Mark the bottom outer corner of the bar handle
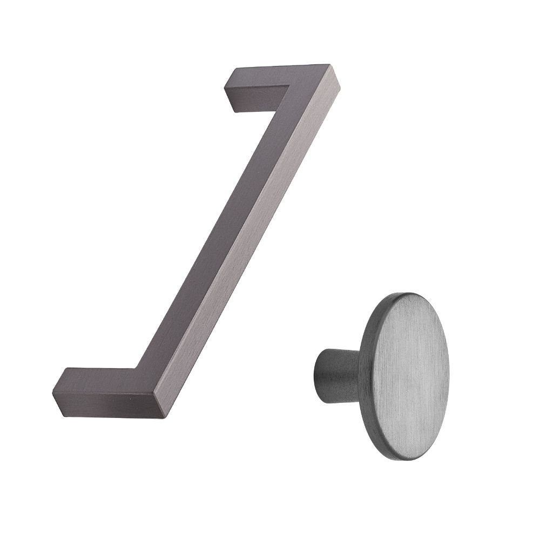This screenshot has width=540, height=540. (x=162, y=417)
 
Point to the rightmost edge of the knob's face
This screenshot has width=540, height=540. (x=449, y=373)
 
